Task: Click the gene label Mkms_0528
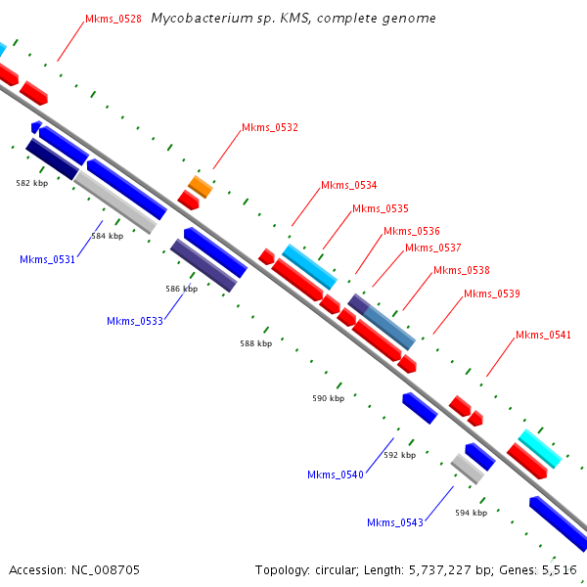pyautogui.click(x=113, y=19)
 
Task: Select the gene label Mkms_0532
pyautogui.click(x=270, y=127)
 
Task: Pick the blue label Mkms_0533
pyautogui.click(x=135, y=321)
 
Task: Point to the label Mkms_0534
pyautogui.click(x=349, y=185)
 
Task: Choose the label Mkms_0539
pyautogui.click(x=492, y=293)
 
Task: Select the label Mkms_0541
pyautogui.click(x=543, y=336)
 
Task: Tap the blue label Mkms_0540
pyautogui.click(x=336, y=474)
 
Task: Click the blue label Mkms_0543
pyautogui.click(x=395, y=522)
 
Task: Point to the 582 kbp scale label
pyautogui.click(x=32, y=183)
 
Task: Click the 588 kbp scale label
pyautogui.click(x=256, y=343)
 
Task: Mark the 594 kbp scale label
pyautogui.click(x=471, y=512)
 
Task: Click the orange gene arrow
pyautogui.click(x=200, y=185)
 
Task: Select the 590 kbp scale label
pyautogui.click(x=329, y=398)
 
